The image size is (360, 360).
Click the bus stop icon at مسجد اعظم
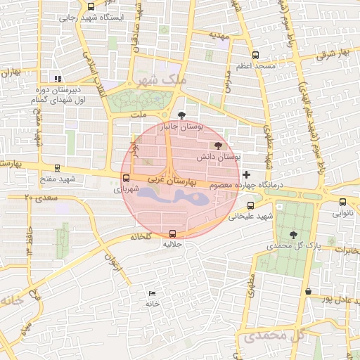point(255,54)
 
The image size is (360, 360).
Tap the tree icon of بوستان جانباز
point(182,115)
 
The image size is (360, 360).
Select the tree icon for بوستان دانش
point(218,145)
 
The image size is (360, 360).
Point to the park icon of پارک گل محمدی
point(293,235)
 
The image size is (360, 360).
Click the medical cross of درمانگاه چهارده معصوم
point(245,174)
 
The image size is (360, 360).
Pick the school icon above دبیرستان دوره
point(57,79)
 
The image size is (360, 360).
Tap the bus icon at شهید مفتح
point(57,169)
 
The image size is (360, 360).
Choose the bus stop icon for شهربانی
point(126,178)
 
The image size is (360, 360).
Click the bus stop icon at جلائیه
point(173,233)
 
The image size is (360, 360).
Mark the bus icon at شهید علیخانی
point(251,205)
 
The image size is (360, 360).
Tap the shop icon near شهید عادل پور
point(307,291)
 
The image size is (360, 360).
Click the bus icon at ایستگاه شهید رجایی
point(91,6)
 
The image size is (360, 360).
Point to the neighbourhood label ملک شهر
point(166,80)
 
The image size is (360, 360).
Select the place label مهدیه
point(220,34)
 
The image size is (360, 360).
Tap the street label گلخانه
point(141,237)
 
